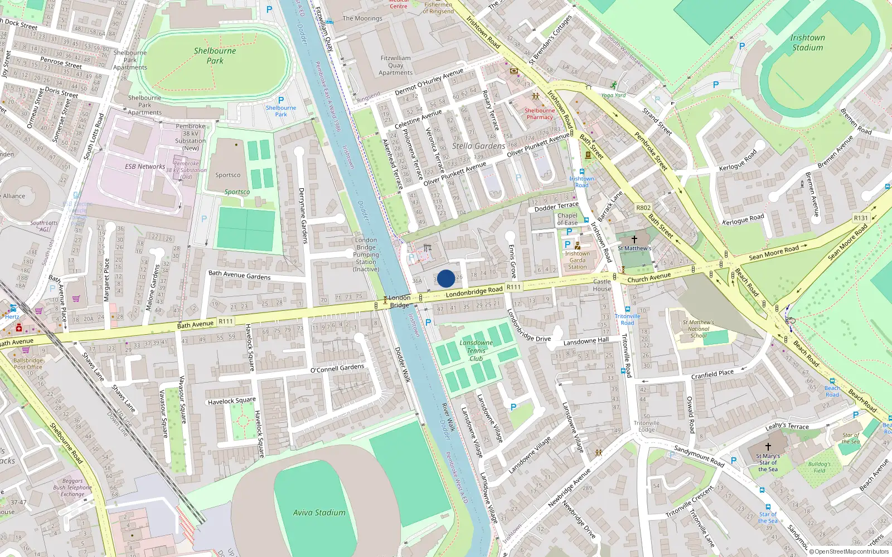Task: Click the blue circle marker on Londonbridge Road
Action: pyautogui.click(x=445, y=278)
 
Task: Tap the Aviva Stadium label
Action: pyautogui.click(x=319, y=512)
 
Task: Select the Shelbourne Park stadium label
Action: pyautogui.click(x=215, y=55)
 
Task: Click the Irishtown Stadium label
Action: pyautogui.click(x=807, y=42)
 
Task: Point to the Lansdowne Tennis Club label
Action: pyautogui.click(x=476, y=350)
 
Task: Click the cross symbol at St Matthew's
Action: pyautogui.click(x=634, y=240)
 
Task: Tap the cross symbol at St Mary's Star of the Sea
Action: pyautogui.click(x=768, y=447)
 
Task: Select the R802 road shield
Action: pyautogui.click(x=643, y=208)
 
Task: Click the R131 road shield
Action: pyautogui.click(x=861, y=218)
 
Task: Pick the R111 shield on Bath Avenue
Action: pyautogui.click(x=226, y=321)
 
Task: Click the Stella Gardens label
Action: pyautogui.click(x=478, y=146)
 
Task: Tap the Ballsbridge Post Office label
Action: pyautogui.click(x=28, y=364)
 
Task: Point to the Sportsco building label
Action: pyautogui.click(x=228, y=175)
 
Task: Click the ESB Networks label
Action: pyautogui.click(x=145, y=167)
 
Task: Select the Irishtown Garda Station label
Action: pyautogui.click(x=578, y=260)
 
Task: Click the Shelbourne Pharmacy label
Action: pyautogui.click(x=540, y=114)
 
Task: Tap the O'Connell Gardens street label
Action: pyautogui.click(x=337, y=369)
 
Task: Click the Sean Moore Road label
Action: pyautogui.click(x=774, y=253)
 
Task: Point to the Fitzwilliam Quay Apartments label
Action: pyautogui.click(x=395, y=65)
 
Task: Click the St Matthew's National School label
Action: pyautogui.click(x=698, y=329)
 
